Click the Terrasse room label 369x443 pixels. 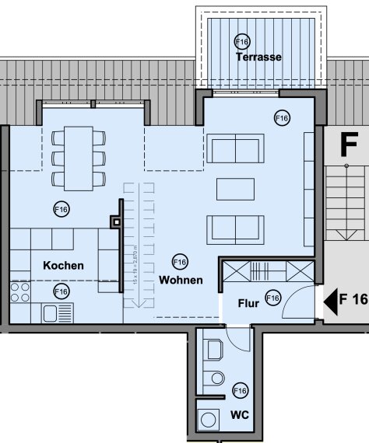point(260,58)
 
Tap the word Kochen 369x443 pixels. point(63,266)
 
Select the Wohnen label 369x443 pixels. point(181,280)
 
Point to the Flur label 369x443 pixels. point(248,298)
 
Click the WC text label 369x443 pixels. point(240,415)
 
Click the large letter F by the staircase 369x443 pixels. point(348,145)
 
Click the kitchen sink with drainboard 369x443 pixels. point(58,313)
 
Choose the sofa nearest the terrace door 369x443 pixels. point(234,148)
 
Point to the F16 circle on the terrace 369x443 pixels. point(241,41)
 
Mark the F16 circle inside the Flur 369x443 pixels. point(272,297)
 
